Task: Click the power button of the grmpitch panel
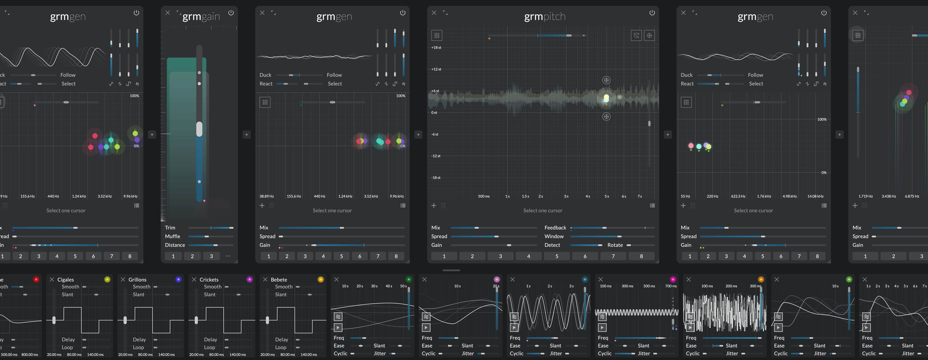[x=652, y=13]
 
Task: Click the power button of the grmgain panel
[x=231, y=13]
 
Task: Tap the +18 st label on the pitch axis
[x=436, y=47]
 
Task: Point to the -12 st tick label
[x=436, y=156]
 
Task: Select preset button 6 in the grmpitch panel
[x=585, y=256]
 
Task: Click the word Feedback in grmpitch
[x=555, y=228]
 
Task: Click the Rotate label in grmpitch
[x=615, y=245]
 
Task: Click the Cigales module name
[x=65, y=280]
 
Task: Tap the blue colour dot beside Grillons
[x=178, y=280]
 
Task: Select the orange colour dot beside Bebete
[x=321, y=280]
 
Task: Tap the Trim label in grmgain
[x=170, y=228]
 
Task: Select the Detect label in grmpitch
[x=552, y=245]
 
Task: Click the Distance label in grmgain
[x=175, y=245]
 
